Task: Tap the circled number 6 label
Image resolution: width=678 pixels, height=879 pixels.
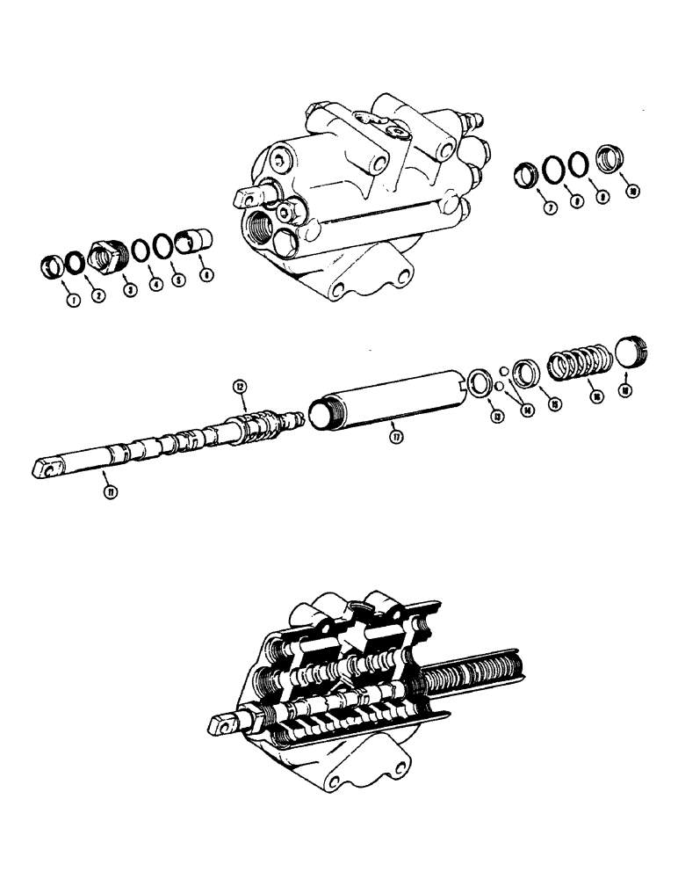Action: click(206, 274)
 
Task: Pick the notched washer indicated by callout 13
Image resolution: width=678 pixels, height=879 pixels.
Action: click(480, 381)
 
